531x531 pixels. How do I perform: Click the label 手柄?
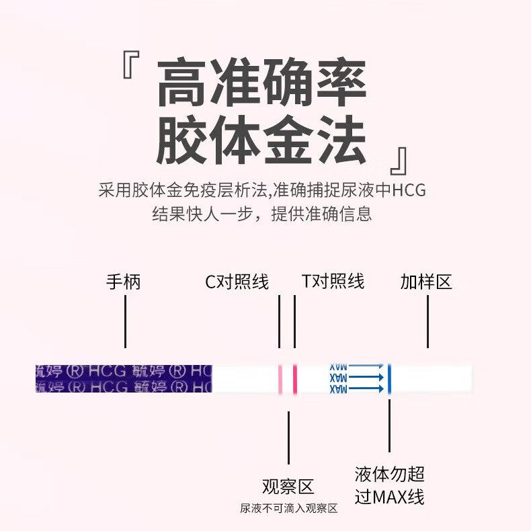coord(124,282)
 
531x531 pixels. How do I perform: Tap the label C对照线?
coord(237,282)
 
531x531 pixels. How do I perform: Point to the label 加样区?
coord(426,282)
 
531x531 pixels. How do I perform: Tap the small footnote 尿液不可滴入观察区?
coord(288,509)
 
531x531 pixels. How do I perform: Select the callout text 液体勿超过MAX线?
coord(390,485)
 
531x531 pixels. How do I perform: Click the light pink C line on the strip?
coord(280,378)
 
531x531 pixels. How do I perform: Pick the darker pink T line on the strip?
coord(294,378)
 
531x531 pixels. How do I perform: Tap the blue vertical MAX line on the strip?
coord(389,378)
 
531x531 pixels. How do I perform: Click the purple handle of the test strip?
coord(124,378)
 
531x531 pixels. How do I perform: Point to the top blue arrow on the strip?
coord(366,366)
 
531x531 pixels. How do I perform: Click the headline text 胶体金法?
coord(261,142)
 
